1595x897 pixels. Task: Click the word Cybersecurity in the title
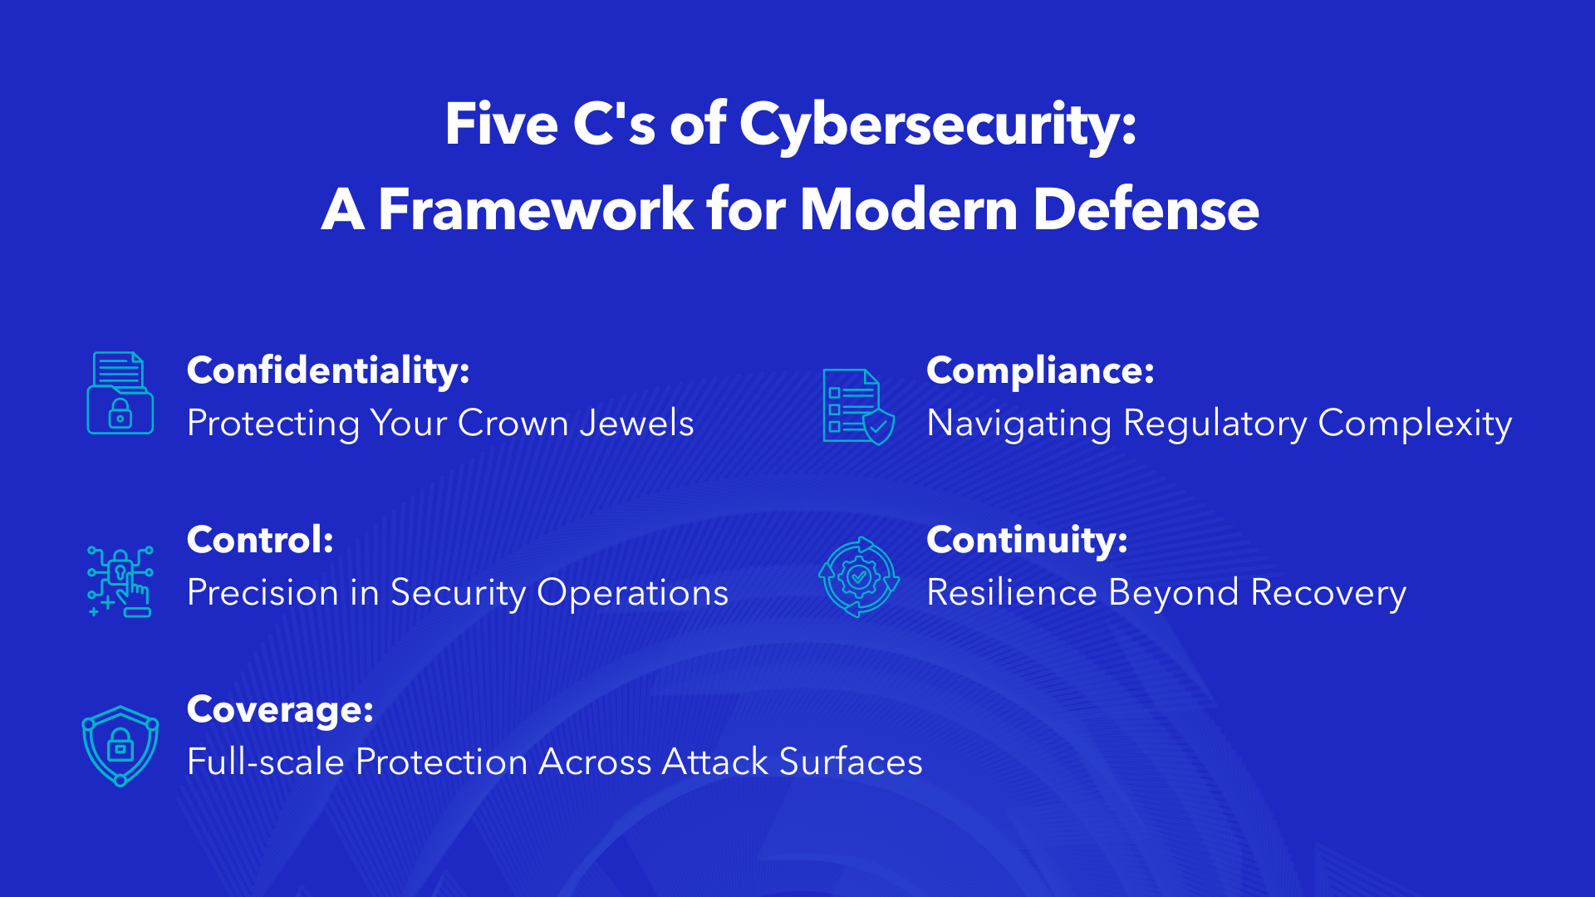(x=937, y=125)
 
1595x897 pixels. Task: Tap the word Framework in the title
(x=535, y=209)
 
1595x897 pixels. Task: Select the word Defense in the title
(x=1146, y=209)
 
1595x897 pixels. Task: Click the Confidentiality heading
(x=328, y=370)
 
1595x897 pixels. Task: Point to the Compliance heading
(x=1040, y=370)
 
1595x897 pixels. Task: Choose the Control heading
(x=260, y=540)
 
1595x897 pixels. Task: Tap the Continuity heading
(x=1027, y=540)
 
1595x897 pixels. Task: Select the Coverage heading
(x=280, y=709)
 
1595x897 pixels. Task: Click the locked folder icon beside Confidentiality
(x=120, y=394)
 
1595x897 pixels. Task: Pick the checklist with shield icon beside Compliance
(x=858, y=407)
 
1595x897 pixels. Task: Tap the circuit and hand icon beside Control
(x=120, y=581)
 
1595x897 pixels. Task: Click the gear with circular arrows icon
(x=858, y=576)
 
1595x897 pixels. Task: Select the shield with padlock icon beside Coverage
(x=120, y=745)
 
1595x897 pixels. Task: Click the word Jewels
(x=636, y=424)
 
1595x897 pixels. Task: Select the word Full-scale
(x=265, y=762)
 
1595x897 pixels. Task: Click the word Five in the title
(x=501, y=125)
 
